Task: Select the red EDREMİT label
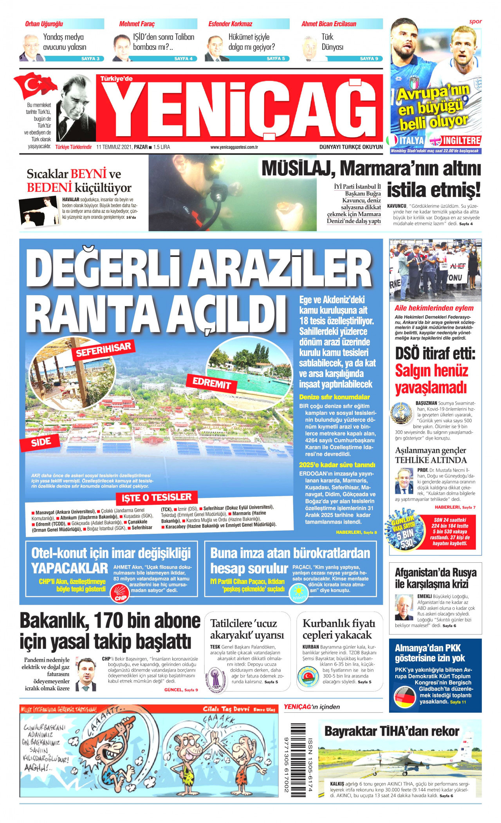tap(212, 383)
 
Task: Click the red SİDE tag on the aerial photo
tap(41, 442)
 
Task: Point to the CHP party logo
tap(120, 592)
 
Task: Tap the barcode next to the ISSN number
tap(298, 758)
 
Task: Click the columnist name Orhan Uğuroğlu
tap(44, 24)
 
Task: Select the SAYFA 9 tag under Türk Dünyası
tap(369, 59)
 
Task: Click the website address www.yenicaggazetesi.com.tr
tap(234, 147)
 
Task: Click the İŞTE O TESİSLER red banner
tap(157, 497)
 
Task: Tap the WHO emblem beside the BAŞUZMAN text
tap(401, 414)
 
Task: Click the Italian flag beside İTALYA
tap(391, 140)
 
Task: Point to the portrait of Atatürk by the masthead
tap(76, 108)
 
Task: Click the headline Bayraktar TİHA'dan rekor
tap(391, 731)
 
